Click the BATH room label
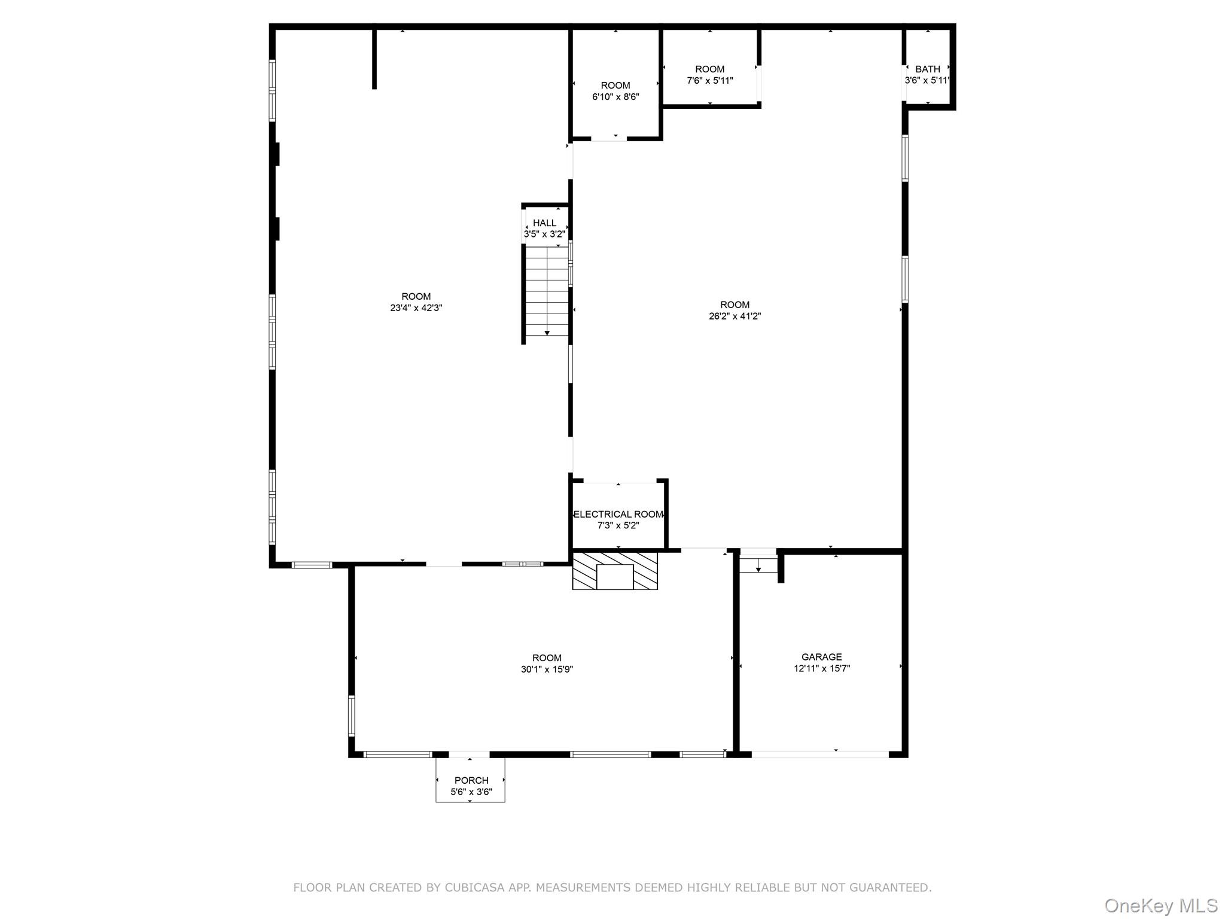pyautogui.click(x=927, y=69)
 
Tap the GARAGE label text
pyautogui.click(x=821, y=657)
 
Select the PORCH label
pyautogui.click(x=471, y=780)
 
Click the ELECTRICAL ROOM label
pyautogui.click(x=618, y=515)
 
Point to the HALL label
pyautogui.click(x=544, y=223)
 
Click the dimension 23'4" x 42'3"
pyautogui.click(x=416, y=308)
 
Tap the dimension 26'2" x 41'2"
pyautogui.click(x=735, y=317)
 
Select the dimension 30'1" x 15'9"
pyautogui.click(x=547, y=670)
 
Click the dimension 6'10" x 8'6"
pyautogui.click(x=615, y=97)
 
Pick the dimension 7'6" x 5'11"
pyautogui.click(x=709, y=81)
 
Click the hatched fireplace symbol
pyautogui.click(x=615, y=571)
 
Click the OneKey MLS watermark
pyautogui.click(x=1160, y=905)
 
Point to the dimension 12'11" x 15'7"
pyautogui.click(x=821, y=669)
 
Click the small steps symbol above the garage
pyautogui.click(x=758, y=564)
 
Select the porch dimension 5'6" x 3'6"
pyautogui.click(x=471, y=792)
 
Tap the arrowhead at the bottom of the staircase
pyautogui.click(x=547, y=333)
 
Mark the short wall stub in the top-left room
pyautogui.click(x=374, y=59)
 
